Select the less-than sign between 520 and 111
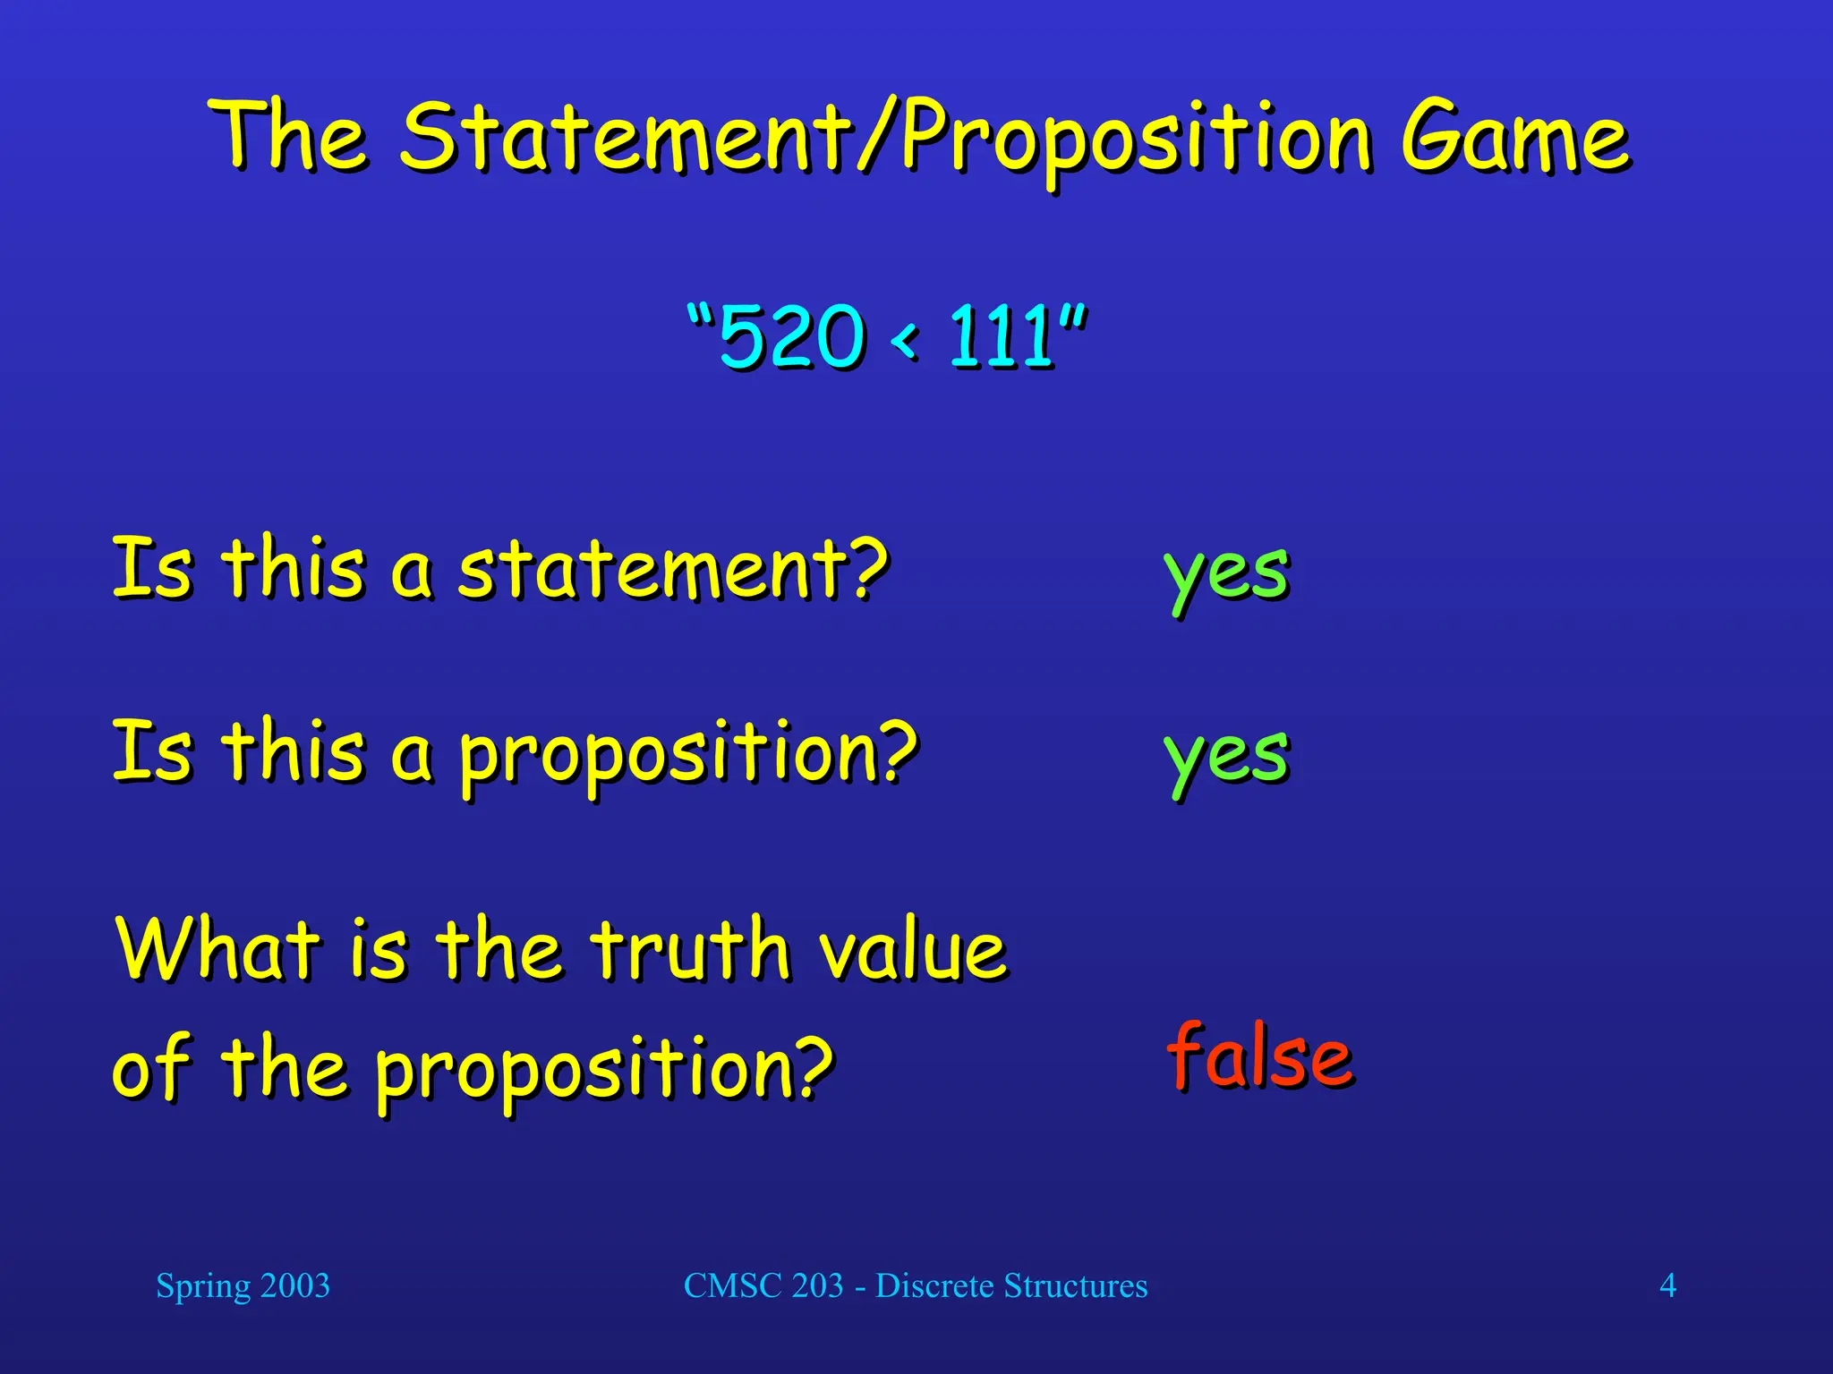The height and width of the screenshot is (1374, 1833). click(905, 339)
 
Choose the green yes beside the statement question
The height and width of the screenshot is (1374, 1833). click(1226, 574)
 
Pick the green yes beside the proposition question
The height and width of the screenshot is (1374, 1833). click(1226, 757)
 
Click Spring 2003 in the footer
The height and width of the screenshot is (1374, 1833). click(243, 1286)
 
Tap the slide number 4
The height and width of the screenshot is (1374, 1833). click(1667, 1286)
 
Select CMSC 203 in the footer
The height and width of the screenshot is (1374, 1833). click(763, 1286)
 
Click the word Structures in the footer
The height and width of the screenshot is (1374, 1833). click(1075, 1286)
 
